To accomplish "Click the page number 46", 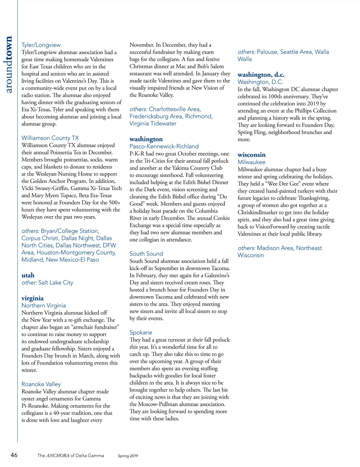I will [x=14, y=455].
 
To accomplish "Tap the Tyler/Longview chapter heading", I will [x=41, y=45].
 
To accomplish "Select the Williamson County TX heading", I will [x=50, y=138].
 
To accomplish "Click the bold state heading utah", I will [x=28, y=275].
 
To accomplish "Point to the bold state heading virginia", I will [x=32, y=298].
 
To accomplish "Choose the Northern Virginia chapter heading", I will [x=43, y=305].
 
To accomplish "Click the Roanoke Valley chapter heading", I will [x=41, y=384].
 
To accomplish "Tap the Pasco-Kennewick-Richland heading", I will [x=164, y=146].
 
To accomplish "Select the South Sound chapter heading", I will [x=146, y=254].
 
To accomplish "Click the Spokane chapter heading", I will [x=141, y=332].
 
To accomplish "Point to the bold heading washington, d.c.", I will [x=261, y=75].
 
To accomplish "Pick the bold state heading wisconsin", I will [x=251, y=155].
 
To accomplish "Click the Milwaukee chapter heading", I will [x=251, y=162].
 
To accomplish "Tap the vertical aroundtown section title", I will [x=9, y=64].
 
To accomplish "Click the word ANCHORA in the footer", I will [x=58, y=456].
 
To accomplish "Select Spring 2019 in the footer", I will [x=128, y=456].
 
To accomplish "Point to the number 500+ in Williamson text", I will [x=115, y=202].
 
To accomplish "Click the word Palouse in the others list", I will [x=267, y=52].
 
